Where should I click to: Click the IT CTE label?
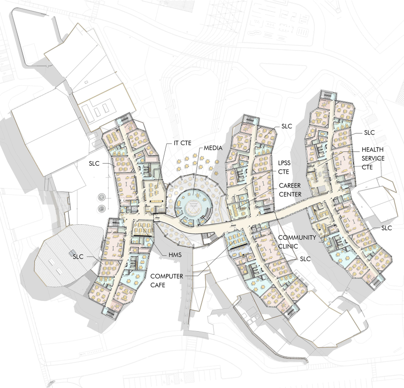(x=182, y=143)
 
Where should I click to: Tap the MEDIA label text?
(x=213, y=148)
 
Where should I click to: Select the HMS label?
(x=175, y=255)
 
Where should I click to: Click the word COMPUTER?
(x=167, y=276)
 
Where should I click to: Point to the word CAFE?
(x=158, y=285)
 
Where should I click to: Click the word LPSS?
(x=284, y=163)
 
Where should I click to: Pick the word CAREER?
(x=290, y=186)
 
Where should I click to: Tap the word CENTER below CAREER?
(x=290, y=194)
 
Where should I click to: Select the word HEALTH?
(x=372, y=149)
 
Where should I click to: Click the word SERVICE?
(x=373, y=158)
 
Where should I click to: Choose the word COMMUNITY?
(x=297, y=237)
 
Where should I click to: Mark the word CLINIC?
(x=288, y=246)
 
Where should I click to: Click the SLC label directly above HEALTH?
(x=369, y=133)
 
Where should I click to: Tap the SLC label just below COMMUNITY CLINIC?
(x=306, y=259)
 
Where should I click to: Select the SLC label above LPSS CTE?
(x=287, y=126)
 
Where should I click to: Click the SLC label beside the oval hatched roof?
(x=78, y=257)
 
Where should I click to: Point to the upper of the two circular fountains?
(x=101, y=198)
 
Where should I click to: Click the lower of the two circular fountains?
(x=101, y=208)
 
